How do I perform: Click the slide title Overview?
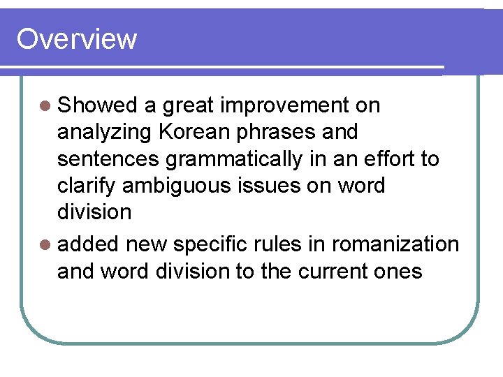pyautogui.click(x=76, y=39)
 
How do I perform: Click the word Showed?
pyautogui.click(x=98, y=105)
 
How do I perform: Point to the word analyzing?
pyautogui.click(x=105, y=133)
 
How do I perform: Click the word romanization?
pyautogui.click(x=395, y=244)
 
